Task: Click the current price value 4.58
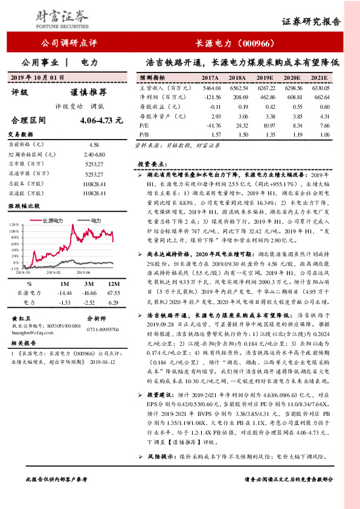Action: [x=93, y=144]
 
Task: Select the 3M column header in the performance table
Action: [x=89, y=283]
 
